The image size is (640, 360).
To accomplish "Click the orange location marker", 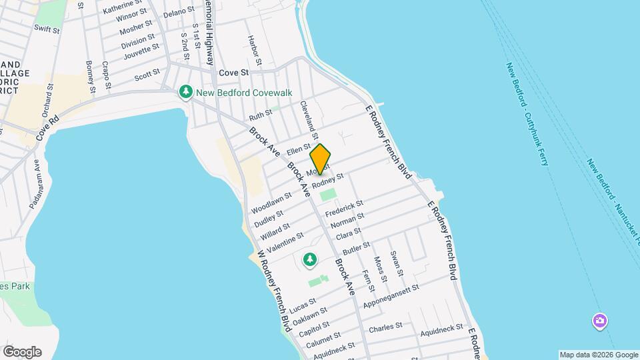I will tap(321, 159).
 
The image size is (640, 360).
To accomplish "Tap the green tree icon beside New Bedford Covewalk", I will tap(187, 92).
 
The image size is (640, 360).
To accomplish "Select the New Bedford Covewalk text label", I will tap(245, 93).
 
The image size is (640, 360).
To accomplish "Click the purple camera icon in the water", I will tap(600, 322).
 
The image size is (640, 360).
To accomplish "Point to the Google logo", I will tap(22, 351).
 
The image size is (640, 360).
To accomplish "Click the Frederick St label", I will tap(344, 207).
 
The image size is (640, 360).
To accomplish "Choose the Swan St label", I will tap(397, 263).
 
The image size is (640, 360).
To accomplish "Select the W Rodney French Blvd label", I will tap(274, 291).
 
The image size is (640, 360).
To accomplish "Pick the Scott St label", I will tap(147, 75).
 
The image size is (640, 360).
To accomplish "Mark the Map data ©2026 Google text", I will tap(598, 355).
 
